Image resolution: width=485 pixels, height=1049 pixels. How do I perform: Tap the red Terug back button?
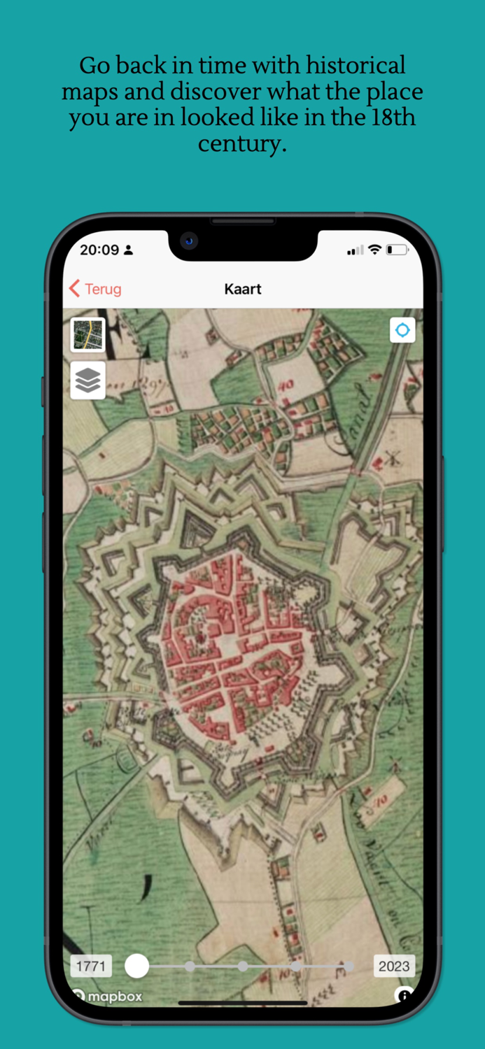pyautogui.click(x=95, y=289)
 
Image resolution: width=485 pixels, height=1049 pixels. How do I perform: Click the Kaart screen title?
pyautogui.click(x=243, y=289)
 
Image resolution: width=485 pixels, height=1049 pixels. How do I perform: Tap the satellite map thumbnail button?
pyautogui.click(x=87, y=334)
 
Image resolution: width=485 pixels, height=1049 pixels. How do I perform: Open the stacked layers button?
pyautogui.click(x=87, y=380)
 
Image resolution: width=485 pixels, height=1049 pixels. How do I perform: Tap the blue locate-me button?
pyautogui.click(x=402, y=330)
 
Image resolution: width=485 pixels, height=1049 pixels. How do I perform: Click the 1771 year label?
pyautogui.click(x=91, y=966)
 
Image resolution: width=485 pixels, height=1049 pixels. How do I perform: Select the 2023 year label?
pyautogui.click(x=394, y=966)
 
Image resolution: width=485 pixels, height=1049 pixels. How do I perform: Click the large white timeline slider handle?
pyautogui.click(x=137, y=966)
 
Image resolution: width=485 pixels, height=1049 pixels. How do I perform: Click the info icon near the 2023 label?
pyautogui.click(x=403, y=995)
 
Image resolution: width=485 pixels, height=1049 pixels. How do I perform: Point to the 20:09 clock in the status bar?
pyautogui.click(x=99, y=250)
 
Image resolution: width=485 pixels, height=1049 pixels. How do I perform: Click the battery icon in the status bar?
pyautogui.click(x=397, y=250)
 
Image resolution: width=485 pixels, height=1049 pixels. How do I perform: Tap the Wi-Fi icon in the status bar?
pyautogui.click(x=374, y=250)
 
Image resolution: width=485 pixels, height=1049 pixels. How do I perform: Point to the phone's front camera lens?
pyautogui.click(x=188, y=242)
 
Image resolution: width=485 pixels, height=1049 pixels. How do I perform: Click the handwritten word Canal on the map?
pyautogui.click(x=356, y=417)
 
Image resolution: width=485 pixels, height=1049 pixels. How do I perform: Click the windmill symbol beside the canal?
pyautogui.click(x=392, y=459)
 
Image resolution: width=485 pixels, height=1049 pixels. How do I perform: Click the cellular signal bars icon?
pyautogui.click(x=356, y=250)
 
